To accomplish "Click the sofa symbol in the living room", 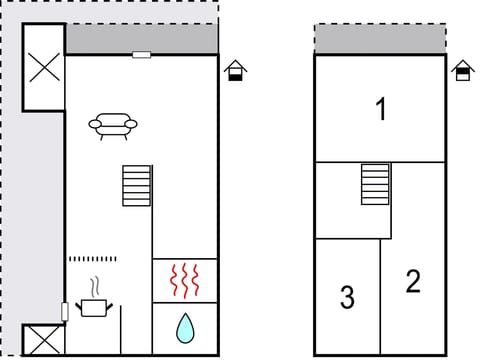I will (x=113, y=125).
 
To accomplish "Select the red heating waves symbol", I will (x=185, y=281).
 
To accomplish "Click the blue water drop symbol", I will (x=185, y=327).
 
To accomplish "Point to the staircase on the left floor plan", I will (x=136, y=185).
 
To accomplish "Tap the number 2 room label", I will (x=413, y=282).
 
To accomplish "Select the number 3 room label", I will (x=347, y=298).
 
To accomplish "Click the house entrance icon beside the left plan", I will (x=235, y=72).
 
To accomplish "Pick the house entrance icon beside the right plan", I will (x=462, y=72).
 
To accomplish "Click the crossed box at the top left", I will (x=43, y=68).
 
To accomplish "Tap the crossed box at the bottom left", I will (x=43, y=339).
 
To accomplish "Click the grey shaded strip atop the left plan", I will (x=141, y=39).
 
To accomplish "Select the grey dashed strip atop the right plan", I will (x=380, y=39).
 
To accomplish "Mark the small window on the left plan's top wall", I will (x=141, y=54).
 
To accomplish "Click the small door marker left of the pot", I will (x=65, y=311).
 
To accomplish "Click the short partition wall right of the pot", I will (x=121, y=331).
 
